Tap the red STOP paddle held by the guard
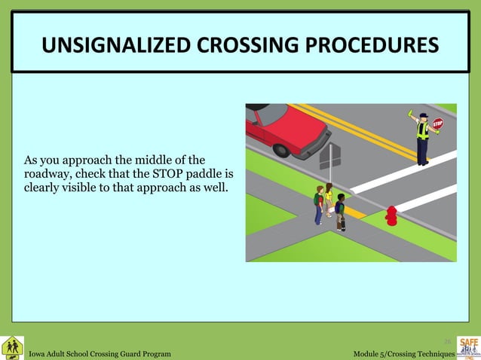(x=438, y=123)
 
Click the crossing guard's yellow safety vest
(x=423, y=132)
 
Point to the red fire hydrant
(x=391, y=215)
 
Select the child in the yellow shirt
(x=329, y=200)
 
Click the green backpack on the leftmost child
(x=317, y=200)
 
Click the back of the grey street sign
(x=330, y=156)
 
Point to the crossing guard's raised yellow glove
(x=411, y=114)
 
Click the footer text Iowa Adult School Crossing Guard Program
(x=100, y=353)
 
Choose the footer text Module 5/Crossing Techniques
(x=403, y=353)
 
